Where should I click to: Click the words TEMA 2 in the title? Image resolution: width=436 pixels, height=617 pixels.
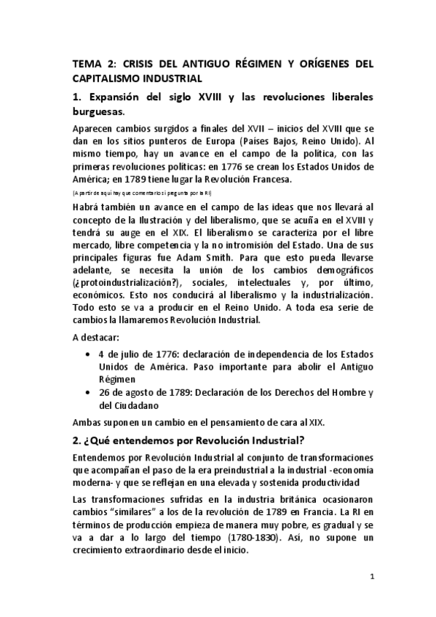(x=90, y=64)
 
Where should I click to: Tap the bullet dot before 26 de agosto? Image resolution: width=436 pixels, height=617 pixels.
(x=88, y=393)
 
